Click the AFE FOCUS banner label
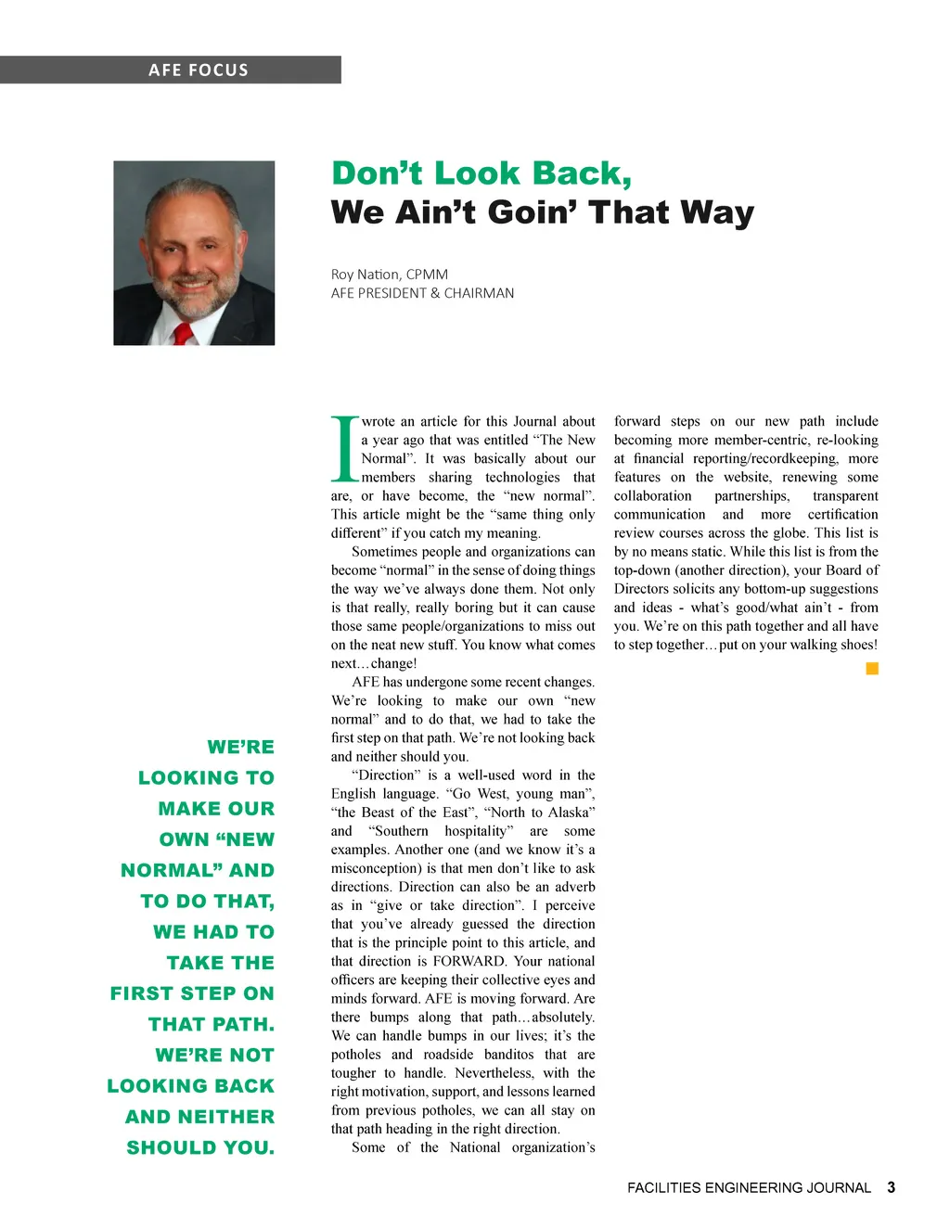(x=198, y=70)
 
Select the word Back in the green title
(x=580, y=173)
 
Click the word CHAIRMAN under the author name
(x=479, y=293)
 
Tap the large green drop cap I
(x=344, y=450)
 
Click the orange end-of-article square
(x=872, y=669)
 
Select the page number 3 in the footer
(x=891, y=1187)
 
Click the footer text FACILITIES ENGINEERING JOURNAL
(x=749, y=1187)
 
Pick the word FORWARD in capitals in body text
(x=469, y=961)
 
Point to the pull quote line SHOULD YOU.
(x=200, y=1147)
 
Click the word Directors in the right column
(x=640, y=589)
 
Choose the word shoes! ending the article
(x=855, y=645)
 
